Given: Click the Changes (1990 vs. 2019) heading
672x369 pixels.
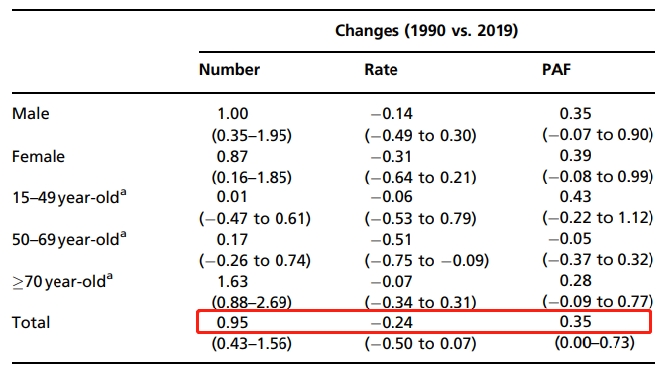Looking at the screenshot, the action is (426, 31).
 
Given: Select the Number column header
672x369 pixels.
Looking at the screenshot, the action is (229, 70).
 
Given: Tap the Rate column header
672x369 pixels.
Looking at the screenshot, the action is (381, 70).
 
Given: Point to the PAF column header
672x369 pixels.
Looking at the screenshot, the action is (556, 70).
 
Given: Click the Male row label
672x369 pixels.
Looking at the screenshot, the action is (31, 114).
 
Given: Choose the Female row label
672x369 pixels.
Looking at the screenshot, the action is (39, 156).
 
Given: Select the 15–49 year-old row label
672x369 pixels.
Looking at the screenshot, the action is (69, 197).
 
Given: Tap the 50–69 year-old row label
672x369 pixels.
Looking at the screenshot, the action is (69, 239).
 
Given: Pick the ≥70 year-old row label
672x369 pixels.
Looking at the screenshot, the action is (62, 281).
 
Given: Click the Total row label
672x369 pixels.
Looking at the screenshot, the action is (31, 322).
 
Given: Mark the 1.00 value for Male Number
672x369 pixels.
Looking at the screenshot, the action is (232, 114).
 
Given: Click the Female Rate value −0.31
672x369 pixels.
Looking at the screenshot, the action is (392, 156).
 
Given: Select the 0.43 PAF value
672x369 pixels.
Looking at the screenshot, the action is (575, 197).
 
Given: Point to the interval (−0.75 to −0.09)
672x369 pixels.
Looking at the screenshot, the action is (426, 260).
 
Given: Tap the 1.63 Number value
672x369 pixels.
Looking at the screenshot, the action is (232, 281).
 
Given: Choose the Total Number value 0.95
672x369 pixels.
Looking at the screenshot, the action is (232, 322).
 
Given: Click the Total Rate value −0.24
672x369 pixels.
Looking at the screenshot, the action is (392, 322).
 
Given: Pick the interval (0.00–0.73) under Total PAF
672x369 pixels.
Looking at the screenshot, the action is (595, 343).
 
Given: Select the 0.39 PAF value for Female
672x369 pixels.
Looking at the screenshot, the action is (575, 156).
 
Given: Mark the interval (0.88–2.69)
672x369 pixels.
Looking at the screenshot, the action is (252, 303).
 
